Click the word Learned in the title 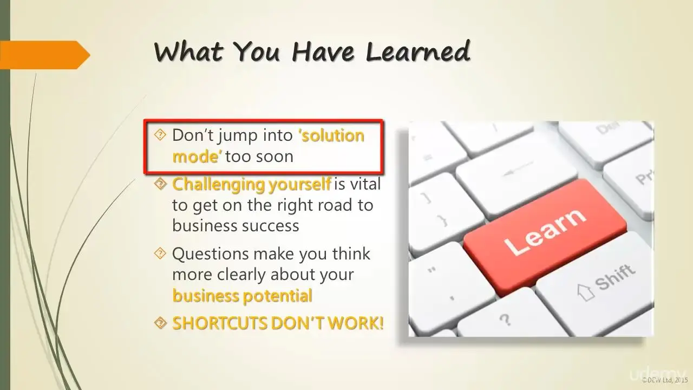(419, 51)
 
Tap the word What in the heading (188, 51)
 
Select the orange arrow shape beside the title (45, 55)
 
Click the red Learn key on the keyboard (545, 237)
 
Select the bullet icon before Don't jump (160, 135)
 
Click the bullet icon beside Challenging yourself (160, 184)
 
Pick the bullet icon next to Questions (160, 253)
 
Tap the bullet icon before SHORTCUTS (160, 323)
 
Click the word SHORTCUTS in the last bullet (220, 323)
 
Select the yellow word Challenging (218, 185)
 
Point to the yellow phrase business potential (242, 296)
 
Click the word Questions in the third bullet (211, 254)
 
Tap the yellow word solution (331, 135)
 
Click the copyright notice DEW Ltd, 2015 (665, 380)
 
